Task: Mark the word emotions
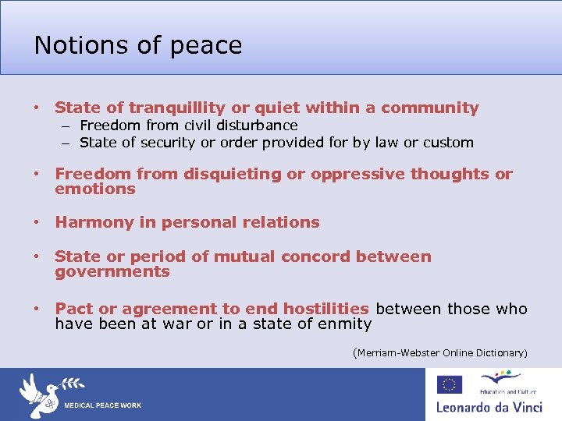[94, 189]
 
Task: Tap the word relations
[281, 223]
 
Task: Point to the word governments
[112, 272]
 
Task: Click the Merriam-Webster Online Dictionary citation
[440, 353]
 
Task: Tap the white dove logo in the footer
[39, 393]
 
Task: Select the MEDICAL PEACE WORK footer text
[102, 406]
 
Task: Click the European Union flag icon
[449, 384]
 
